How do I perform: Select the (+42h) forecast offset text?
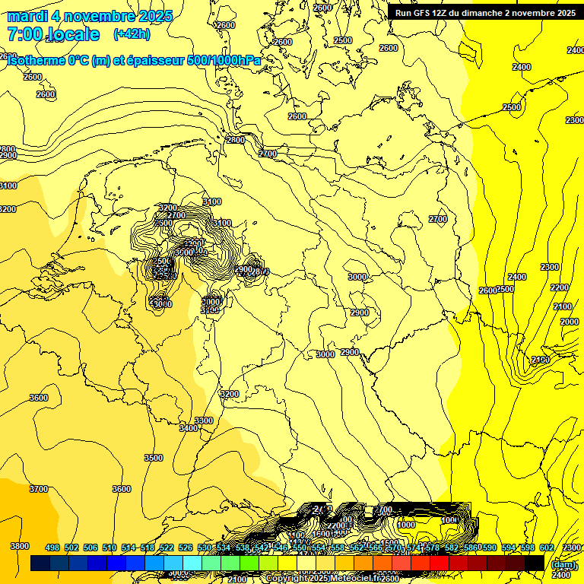132,34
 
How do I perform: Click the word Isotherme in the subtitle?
37,61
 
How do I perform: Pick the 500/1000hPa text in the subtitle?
223,61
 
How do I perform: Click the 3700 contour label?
38,489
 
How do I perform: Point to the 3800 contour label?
20,546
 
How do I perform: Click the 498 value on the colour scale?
52,547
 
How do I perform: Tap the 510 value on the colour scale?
109,547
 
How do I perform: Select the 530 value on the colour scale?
205,547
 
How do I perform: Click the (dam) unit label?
563,564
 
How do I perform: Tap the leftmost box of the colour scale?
40,563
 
